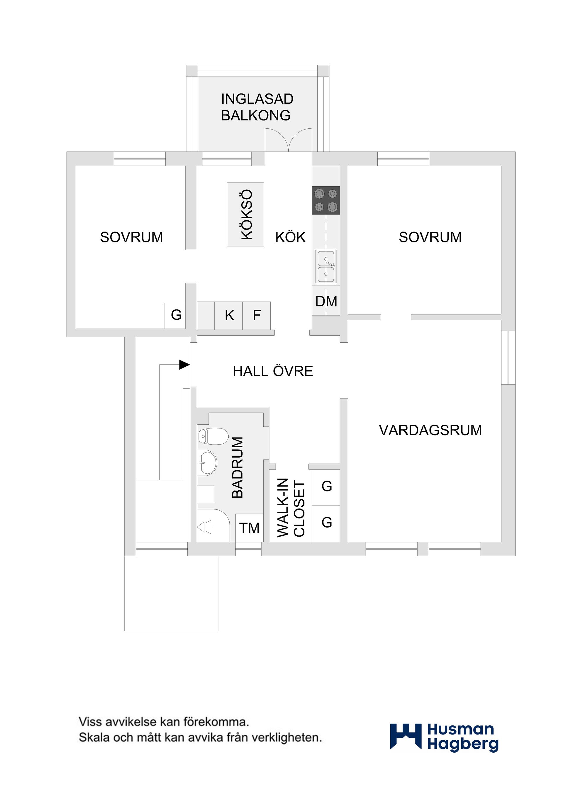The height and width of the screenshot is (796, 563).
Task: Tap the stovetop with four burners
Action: (x=325, y=200)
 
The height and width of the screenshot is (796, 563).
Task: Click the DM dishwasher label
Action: (x=326, y=301)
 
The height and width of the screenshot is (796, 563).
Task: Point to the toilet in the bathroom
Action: (x=213, y=436)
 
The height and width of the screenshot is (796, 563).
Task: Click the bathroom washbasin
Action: (x=207, y=462)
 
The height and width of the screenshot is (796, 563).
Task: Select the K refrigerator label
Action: (x=229, y=315)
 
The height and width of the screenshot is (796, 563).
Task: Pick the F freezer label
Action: (x=257, y=315)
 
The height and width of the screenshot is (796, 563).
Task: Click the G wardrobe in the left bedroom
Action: (x=176, y=315)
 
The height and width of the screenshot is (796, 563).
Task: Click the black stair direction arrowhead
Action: (x=184, y=365)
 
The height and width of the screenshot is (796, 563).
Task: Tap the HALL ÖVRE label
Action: (x=273, y=371)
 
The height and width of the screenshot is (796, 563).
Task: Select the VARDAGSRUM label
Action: (x=430, y=430)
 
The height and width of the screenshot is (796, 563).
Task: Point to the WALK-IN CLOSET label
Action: (x=291, y=508)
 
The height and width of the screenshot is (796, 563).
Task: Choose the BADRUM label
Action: (x=238, y=467)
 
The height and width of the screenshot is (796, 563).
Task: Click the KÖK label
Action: (x=290, y=237)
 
